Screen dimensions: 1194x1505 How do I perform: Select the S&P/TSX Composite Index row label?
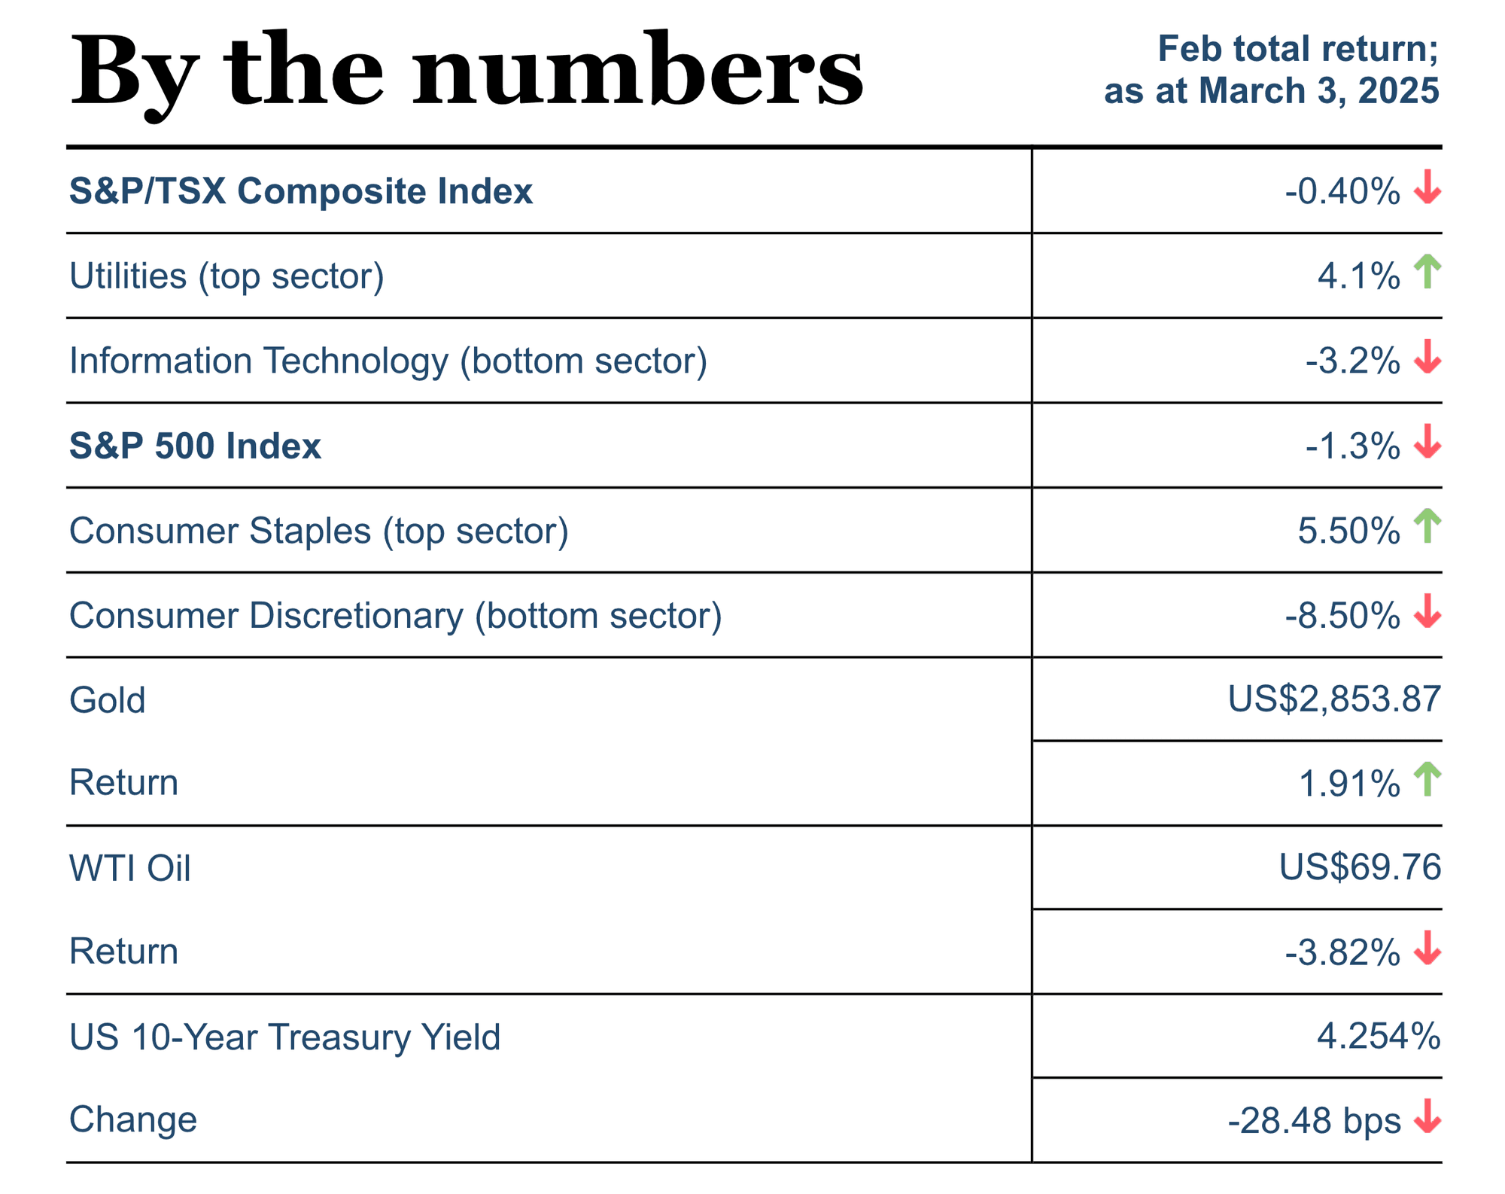(x=301, y=191)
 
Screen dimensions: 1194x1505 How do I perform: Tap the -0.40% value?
(x=1342, y=191)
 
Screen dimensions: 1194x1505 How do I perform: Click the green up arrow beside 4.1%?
(x=1427, y=272)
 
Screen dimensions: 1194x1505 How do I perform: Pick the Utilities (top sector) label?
(x=227, y=276)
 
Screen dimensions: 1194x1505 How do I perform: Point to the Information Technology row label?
(x=388, y=361)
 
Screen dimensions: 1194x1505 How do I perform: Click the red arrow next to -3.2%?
(x=1427, y=357)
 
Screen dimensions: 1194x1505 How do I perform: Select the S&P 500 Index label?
(x=196, y=446)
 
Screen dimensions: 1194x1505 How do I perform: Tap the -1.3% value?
(x=1353, y=447)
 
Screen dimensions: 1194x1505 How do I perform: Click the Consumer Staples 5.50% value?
(x=1348, y=532)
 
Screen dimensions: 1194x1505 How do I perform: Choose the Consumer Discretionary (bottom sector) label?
(x=396, y=616)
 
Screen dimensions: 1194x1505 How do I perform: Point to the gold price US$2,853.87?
(x=1334, y=699)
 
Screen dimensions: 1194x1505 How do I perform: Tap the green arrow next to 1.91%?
(x=1427, y=779)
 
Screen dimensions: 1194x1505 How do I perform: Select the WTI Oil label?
(x=130, y=868)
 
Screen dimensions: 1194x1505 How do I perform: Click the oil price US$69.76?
(x=1360, y=868)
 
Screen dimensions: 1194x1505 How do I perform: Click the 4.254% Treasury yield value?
(x=1379, y=1037)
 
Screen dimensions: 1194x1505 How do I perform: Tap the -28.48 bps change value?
(x=1314, y=1121)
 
